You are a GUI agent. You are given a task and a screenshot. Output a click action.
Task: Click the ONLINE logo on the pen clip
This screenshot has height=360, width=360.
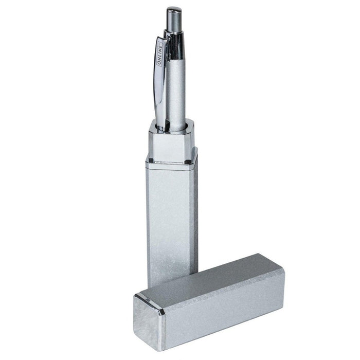click(x=160, y=53)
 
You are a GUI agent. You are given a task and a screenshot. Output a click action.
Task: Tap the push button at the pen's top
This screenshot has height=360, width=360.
click(x=174, y=20)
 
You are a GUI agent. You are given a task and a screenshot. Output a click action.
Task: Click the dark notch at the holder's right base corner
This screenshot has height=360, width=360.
click(x=188, y=162)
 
